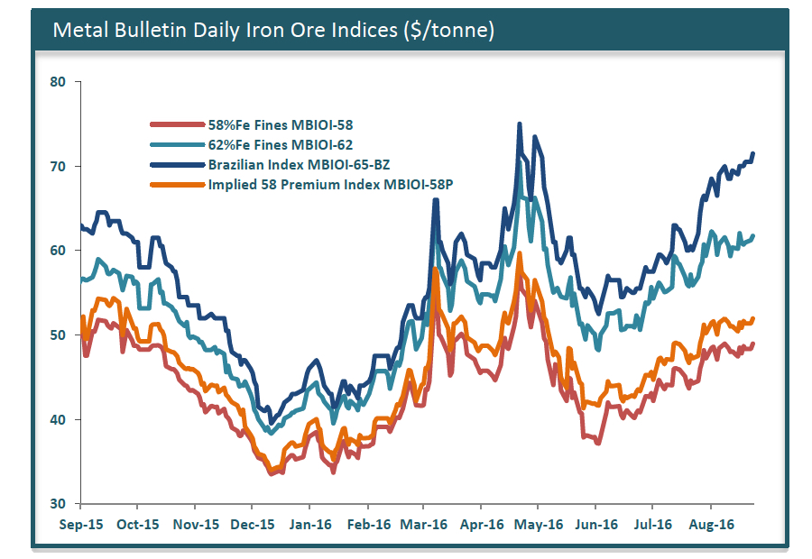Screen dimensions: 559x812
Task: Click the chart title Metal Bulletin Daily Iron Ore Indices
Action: [x=272, y=30]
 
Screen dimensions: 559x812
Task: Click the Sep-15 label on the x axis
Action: [x=80, y=524]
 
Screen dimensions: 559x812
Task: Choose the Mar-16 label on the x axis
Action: [x=423, y=524]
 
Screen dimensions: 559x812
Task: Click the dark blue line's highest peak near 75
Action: [x=519, y=124]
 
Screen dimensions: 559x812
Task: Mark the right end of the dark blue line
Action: [x=753, y=154]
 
